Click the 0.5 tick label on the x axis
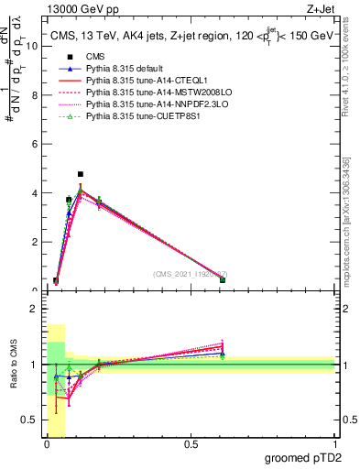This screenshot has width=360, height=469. pos(191,446)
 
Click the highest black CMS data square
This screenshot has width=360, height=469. pos(81,174)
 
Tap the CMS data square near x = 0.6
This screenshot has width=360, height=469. pos(223,280)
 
